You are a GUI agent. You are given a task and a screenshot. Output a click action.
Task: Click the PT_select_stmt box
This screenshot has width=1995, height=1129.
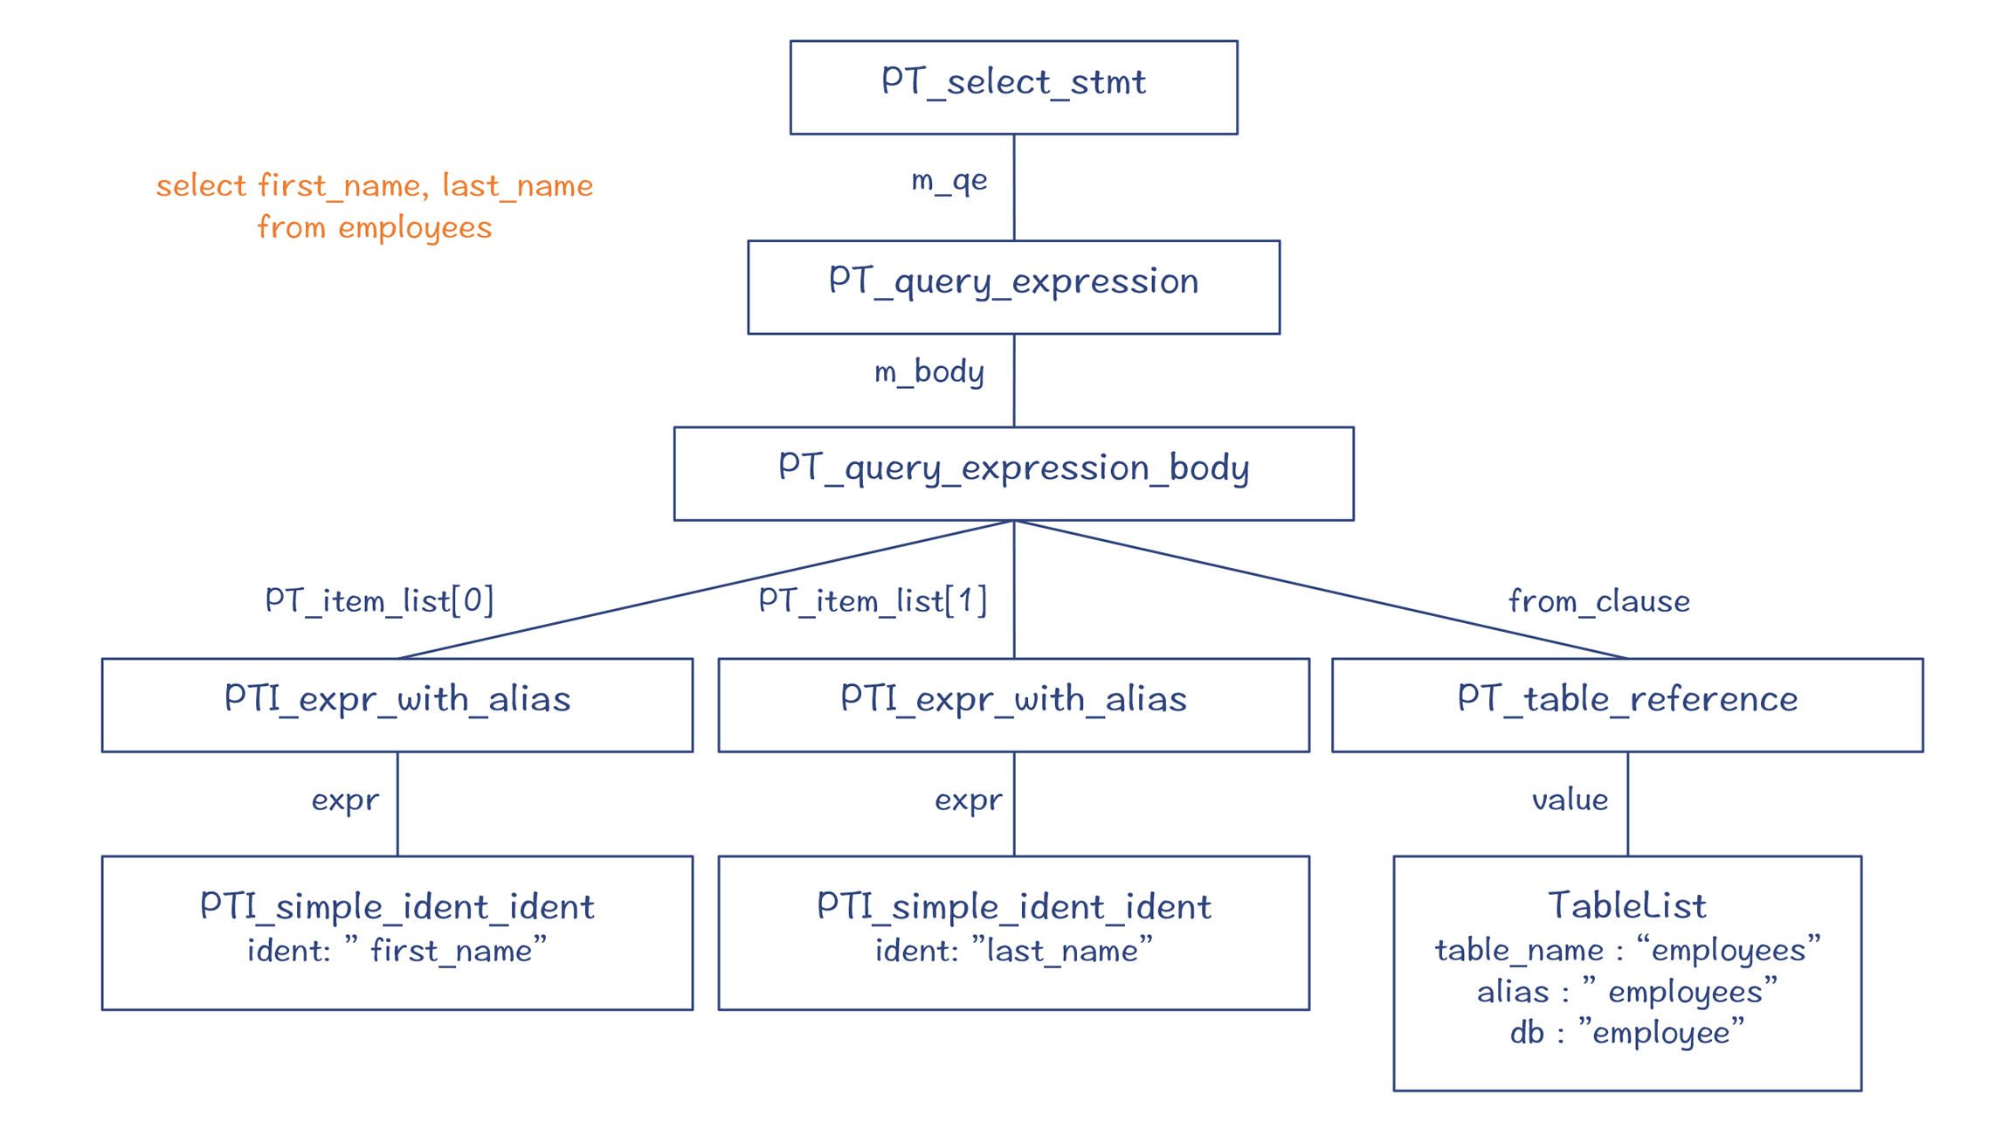(1013, 87)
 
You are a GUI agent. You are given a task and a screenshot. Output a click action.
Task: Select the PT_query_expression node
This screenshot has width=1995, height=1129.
(1013, 287)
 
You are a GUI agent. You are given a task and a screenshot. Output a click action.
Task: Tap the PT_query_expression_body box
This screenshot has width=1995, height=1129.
(1013, 474)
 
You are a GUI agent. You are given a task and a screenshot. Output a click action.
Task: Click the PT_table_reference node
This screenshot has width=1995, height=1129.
(1627, 705)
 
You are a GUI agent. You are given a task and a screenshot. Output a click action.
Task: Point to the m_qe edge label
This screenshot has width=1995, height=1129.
(949, 181)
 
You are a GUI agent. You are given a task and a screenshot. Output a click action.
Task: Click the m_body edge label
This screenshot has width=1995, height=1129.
(929, 372)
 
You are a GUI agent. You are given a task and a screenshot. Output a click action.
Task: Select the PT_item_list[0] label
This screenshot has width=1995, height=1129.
(380, 600)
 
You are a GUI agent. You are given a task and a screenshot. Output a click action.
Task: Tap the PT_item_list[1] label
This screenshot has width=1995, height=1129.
(873, 600)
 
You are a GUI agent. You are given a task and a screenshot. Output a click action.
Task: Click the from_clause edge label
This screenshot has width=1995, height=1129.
(1599, 601)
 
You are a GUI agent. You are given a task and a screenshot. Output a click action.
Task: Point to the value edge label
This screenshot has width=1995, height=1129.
(1570, 800)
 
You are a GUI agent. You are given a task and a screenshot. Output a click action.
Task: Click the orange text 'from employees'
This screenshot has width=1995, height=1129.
(375, 227)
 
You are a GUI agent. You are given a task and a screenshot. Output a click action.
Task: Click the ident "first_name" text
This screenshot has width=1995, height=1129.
(397, 950)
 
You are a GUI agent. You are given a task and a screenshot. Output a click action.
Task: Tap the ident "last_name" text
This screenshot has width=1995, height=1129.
(1014, 950)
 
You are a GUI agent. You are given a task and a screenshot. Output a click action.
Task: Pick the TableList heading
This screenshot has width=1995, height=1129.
(1627, 905)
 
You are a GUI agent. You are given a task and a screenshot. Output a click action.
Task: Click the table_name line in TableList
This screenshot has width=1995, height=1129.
(1627, 950)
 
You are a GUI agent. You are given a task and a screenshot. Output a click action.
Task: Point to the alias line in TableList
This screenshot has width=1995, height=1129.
(1627, 992)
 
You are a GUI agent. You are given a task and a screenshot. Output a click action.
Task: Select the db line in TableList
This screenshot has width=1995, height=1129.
(1627, 1033)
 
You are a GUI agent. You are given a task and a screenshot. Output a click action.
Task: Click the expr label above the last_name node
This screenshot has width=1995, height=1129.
(968, 800)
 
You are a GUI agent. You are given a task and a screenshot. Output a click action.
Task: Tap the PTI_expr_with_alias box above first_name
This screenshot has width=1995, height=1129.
(397, 705)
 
